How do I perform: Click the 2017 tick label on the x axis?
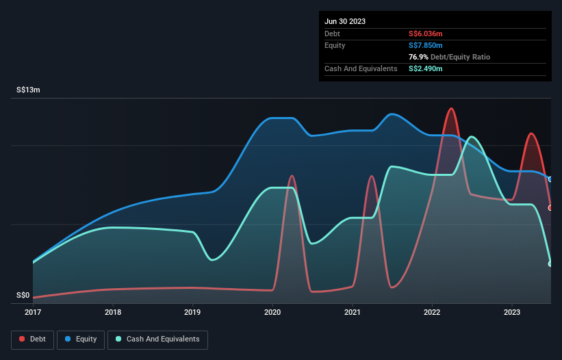coord(33,312)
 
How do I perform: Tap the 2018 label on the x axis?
coord(113,312)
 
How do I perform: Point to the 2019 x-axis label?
coord(192,312)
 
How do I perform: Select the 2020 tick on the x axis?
coord(272,312)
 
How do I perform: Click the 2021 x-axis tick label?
coord(353,312)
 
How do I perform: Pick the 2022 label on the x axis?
coord(432,312)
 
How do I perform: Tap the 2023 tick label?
coord(512,312)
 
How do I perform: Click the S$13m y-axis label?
coord(29,90)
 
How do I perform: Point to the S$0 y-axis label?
coord(23,296)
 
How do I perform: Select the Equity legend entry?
coord(81,339)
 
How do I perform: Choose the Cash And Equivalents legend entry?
coord(157,339)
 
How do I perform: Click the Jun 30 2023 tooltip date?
coord(345,21)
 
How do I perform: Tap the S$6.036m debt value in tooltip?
coord(425,34)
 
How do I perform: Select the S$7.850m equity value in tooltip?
coord(425,45)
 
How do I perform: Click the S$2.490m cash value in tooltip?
coord(425,68)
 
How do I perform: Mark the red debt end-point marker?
coord(550,207)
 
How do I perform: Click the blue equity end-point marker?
coord(550,179)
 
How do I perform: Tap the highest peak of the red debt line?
coord(450,108)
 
